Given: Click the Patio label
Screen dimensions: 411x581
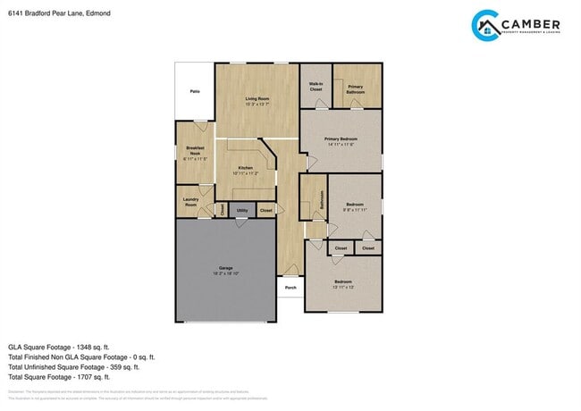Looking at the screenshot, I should click(x=194, y=92).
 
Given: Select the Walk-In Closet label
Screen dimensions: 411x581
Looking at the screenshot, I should click(x=316, y=87).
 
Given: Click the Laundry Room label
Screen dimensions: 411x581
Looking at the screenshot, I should click(x=189, y=202).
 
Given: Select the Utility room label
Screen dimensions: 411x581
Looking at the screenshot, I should click(x=242, y=210).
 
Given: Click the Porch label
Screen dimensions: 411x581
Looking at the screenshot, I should click(x=290, y=288).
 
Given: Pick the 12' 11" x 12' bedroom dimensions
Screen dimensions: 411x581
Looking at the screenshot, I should click(x=343, y=287).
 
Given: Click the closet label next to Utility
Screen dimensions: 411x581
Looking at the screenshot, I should click(x=266, y=210).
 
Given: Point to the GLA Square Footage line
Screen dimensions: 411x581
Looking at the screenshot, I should click(x=58, y=347).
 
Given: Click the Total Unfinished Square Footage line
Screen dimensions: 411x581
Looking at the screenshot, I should click(x=74, y=366).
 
